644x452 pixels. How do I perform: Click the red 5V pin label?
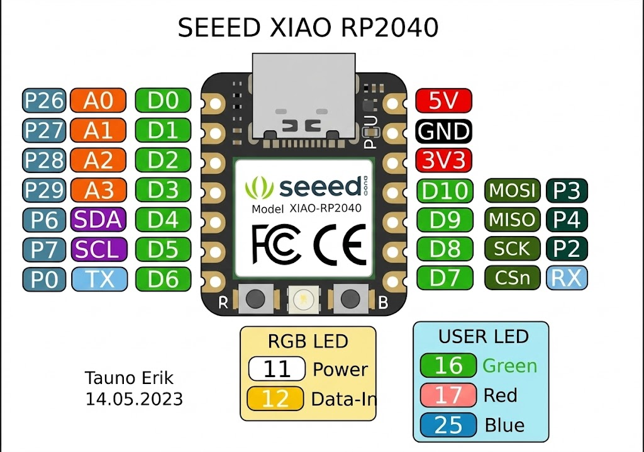tap(443, 101)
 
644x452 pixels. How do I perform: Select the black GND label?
tap(443, 131)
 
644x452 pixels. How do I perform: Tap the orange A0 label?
tap(98, 101)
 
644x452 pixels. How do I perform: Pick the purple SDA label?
tap(98, 220)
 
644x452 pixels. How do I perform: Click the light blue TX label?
tap(99, 279)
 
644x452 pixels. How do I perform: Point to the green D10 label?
tap(445, 191)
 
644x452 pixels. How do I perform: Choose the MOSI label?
tap(512, 190)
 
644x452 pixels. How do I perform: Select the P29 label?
tap(44, 190)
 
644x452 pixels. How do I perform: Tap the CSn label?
tap(512, 278)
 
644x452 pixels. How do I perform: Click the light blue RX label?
tap(567, 278)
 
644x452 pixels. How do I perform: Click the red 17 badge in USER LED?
tap(448, 395)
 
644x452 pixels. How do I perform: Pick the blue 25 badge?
tap(448, 425)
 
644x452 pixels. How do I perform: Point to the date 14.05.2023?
tap(134, 399)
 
